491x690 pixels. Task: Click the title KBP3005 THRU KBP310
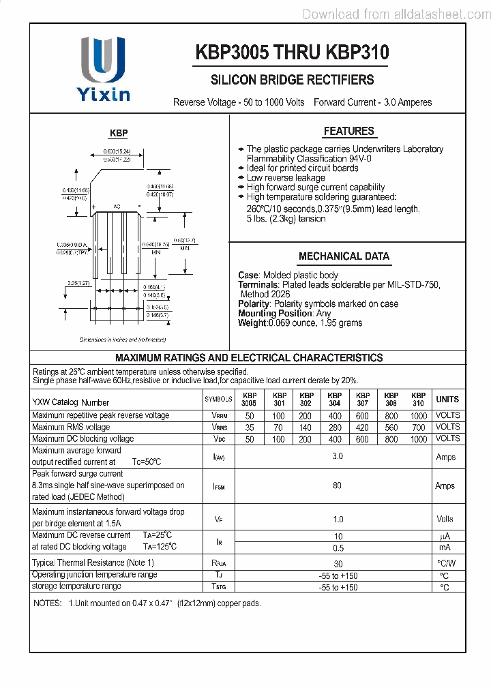pos(292,52)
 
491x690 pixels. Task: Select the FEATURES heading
pos(348,131)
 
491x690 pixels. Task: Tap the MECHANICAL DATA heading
pos(344,256)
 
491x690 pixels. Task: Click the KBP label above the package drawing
pos(119,134)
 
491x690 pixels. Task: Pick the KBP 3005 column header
pos(250,400)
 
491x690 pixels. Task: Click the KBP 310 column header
pos(418,400)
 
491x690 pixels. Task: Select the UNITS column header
pos(447,400)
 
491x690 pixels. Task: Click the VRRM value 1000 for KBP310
pos(418,416)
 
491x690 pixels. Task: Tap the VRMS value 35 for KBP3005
pos(250,427)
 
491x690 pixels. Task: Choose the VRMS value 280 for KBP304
pos(334,427)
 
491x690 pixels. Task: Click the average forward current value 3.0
pos(337,456)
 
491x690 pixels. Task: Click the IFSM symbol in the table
pos(218,487)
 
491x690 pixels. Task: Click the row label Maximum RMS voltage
pos(71,427)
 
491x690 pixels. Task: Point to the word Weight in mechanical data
pos(252,323)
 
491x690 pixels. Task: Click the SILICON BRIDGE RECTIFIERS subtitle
pos(291,80)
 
